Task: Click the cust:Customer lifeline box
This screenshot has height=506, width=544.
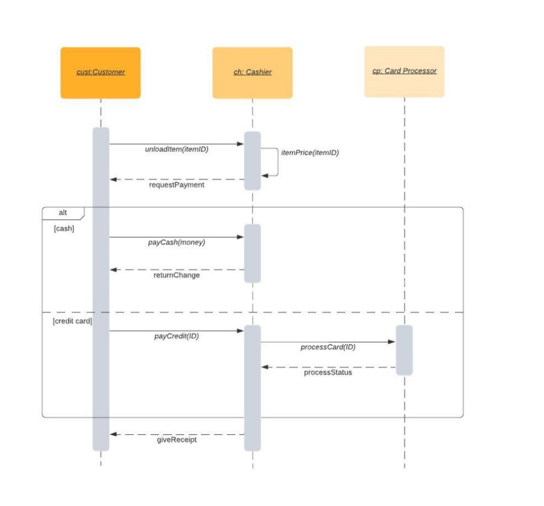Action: coord(100,73)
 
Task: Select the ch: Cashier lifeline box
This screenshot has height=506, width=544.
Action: coord(252,73)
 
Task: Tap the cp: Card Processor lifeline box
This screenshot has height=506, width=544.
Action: coord(404,72)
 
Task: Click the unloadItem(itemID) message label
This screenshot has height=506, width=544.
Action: coord(177,149)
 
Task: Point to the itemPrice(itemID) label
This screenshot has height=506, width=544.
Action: coord(310,153)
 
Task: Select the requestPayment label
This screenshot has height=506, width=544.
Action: coord(177,185)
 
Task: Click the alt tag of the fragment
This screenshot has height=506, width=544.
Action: coord(63,213)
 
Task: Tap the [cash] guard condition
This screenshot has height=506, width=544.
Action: coord(64,229)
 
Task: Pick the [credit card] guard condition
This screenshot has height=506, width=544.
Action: coord(72,321)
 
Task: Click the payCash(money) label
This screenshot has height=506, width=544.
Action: coord(177,243)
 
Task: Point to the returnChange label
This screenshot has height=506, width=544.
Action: coord(177,275)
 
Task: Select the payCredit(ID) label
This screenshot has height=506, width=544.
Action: coord(177,336)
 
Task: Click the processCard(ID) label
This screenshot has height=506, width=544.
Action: coord(328,347)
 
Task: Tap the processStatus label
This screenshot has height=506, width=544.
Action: coord(328,373)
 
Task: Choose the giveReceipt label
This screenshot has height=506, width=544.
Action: coord(177,440)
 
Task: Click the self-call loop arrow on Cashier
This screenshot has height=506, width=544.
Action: coord(277,162)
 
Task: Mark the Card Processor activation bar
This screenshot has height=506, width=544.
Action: coord(404,350)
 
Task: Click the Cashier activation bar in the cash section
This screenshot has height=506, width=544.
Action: coord(252,253)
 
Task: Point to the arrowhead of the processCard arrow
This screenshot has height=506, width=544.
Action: coord(392,342)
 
